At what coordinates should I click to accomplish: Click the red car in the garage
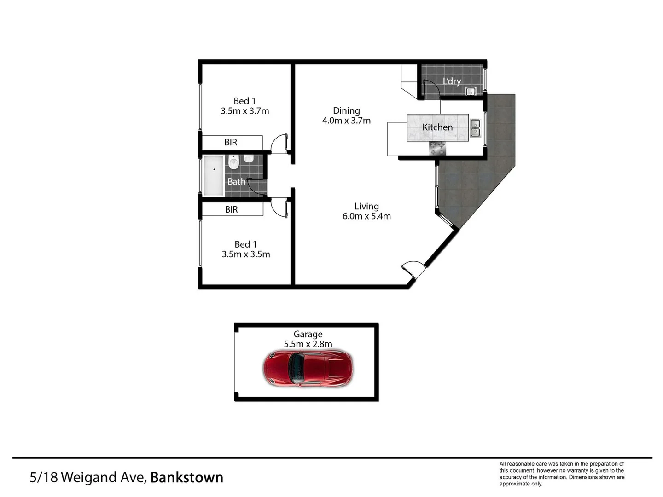pos(308,368)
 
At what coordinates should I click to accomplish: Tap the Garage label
pos(308,334)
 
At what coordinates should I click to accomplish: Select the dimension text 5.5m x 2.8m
pos(308,344)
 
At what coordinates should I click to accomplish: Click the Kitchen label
pos(437,127)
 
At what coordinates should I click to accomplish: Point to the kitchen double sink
pos(475,128)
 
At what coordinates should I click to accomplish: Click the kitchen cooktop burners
pos(438,148)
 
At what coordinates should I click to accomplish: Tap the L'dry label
pos(452,81)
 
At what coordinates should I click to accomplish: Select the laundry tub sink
pos(470,92)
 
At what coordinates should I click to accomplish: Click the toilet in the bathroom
pos(234,162)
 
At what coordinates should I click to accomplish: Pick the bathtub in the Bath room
pos(214,176)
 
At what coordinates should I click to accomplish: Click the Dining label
pos(346,111)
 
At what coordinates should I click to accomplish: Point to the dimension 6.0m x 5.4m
pos(366,216)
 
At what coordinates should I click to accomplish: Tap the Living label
pos(366,207)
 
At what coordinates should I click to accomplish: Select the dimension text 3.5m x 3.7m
pos(245,111)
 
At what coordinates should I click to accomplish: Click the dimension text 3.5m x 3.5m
pos(246,254)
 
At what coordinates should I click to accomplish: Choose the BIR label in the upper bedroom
pos(231,143)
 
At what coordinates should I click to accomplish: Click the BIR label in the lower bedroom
pos(232,210)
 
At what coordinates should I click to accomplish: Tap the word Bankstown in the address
pos(186,478)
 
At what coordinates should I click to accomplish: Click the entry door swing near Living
pos(411,269)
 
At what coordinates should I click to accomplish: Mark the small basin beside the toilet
pos(249,158)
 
